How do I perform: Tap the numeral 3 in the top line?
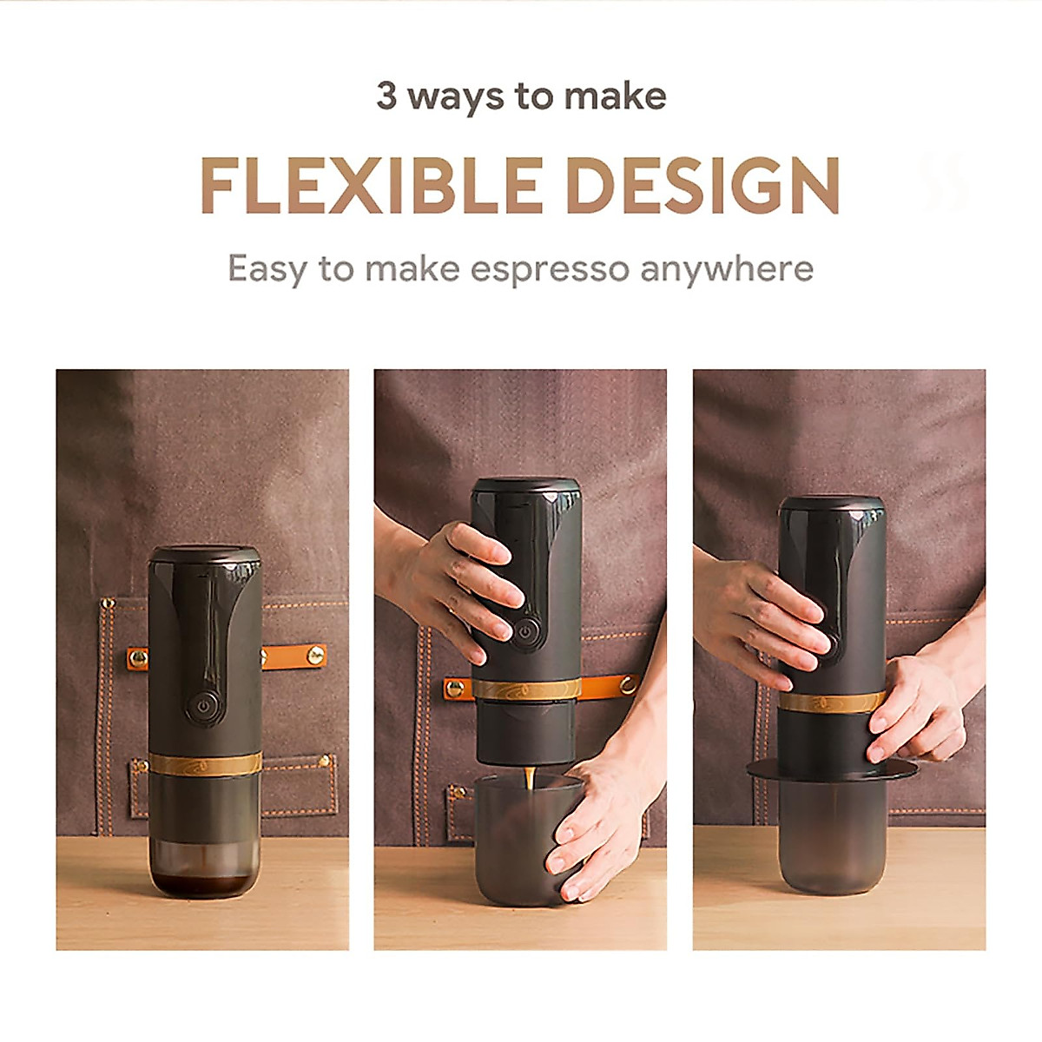386,96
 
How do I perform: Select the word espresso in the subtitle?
550,269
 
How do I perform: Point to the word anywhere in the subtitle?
727,269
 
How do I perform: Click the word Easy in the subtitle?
267,269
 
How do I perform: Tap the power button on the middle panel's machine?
524,632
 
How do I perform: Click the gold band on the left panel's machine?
205,763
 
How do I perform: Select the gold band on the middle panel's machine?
526,690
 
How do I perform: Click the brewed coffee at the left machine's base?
205,883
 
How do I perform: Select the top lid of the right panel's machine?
831,505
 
